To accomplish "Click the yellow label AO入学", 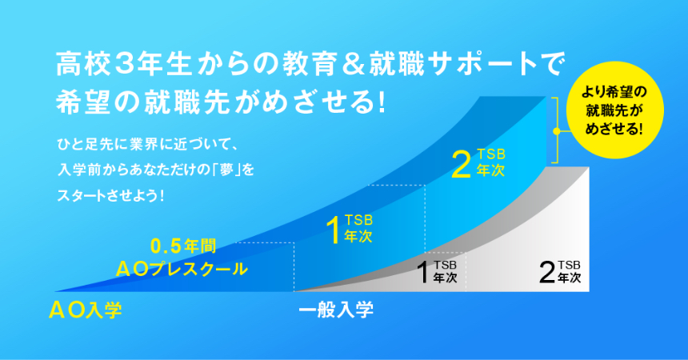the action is (85, 310).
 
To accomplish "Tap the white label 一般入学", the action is (336, 310).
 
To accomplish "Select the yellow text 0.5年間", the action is (183, 246).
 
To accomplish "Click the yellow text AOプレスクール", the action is (182, 269).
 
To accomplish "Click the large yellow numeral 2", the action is (461, 166).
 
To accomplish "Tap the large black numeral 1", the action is (423, 272).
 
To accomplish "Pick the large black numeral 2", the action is (547, 272).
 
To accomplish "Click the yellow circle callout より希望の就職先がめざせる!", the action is (614, 110).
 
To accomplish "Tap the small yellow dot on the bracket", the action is (556, 131).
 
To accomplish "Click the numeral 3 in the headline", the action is (124, 65).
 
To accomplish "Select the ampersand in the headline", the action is (354, 65).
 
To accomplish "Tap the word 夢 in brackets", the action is (227, 170).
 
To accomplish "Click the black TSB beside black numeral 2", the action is (569, 265).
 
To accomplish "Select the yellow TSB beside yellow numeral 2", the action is (491, 154).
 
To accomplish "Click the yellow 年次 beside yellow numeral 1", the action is (358, 236).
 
